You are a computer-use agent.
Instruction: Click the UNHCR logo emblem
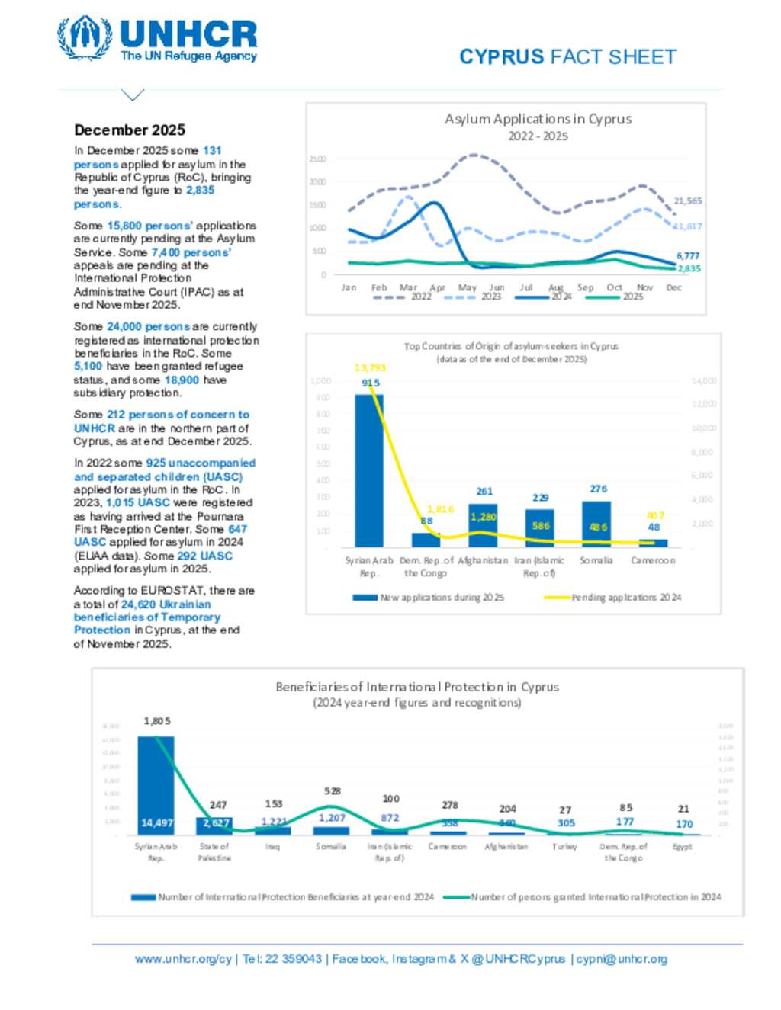pos(85,38)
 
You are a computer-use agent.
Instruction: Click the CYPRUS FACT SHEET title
pos(567,57)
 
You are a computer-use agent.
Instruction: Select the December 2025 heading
pos(130,130)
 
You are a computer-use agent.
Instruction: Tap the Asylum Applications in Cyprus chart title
pos(538,119)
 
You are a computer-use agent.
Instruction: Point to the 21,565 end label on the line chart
pos(687,201)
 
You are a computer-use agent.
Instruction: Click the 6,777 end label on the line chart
pos(687,256)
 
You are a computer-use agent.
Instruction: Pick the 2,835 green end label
pos(689,268)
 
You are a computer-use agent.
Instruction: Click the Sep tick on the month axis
pos(585,288)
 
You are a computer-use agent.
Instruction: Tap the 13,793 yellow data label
pos(370,368)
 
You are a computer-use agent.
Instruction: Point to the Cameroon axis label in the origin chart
pos(652,560)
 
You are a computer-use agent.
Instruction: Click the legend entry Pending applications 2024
pos(626,598)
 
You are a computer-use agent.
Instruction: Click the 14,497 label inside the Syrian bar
pos(156,823)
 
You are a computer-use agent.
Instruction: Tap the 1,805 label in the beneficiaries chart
pos(157,721)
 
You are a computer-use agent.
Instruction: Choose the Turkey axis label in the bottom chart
pos(564,847)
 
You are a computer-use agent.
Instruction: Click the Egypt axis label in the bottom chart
pos(682,847)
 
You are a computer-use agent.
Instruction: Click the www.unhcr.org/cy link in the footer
pos(183,959)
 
